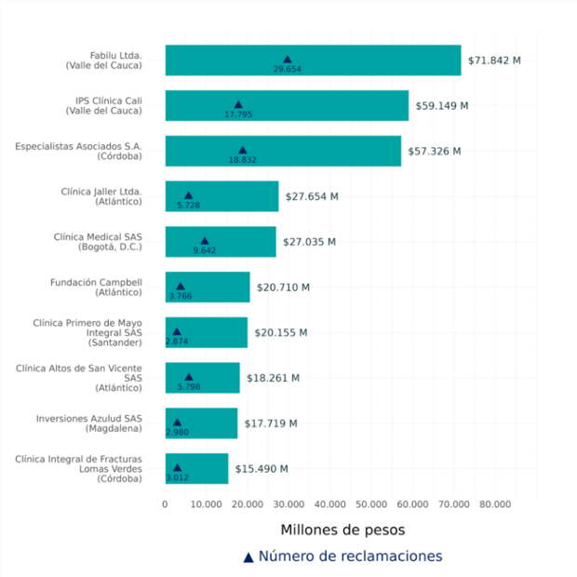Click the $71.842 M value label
(x=494, y=60)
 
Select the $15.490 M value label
(x=262, y=469)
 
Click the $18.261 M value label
(x=273, y=378)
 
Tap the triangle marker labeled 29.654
(x=288, y=59)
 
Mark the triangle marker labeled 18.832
(x=243, y=149)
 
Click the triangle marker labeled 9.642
(x=205, y=240)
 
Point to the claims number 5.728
(x=189, y=205)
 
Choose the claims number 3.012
(x=177, y=477)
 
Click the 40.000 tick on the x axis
(x=330, y=504)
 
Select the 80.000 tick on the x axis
(x=495, y=504)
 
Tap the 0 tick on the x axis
(x=166, y=504)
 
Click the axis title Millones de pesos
(x=342, y=530)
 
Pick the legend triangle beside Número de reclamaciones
(x=248, y=557)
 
